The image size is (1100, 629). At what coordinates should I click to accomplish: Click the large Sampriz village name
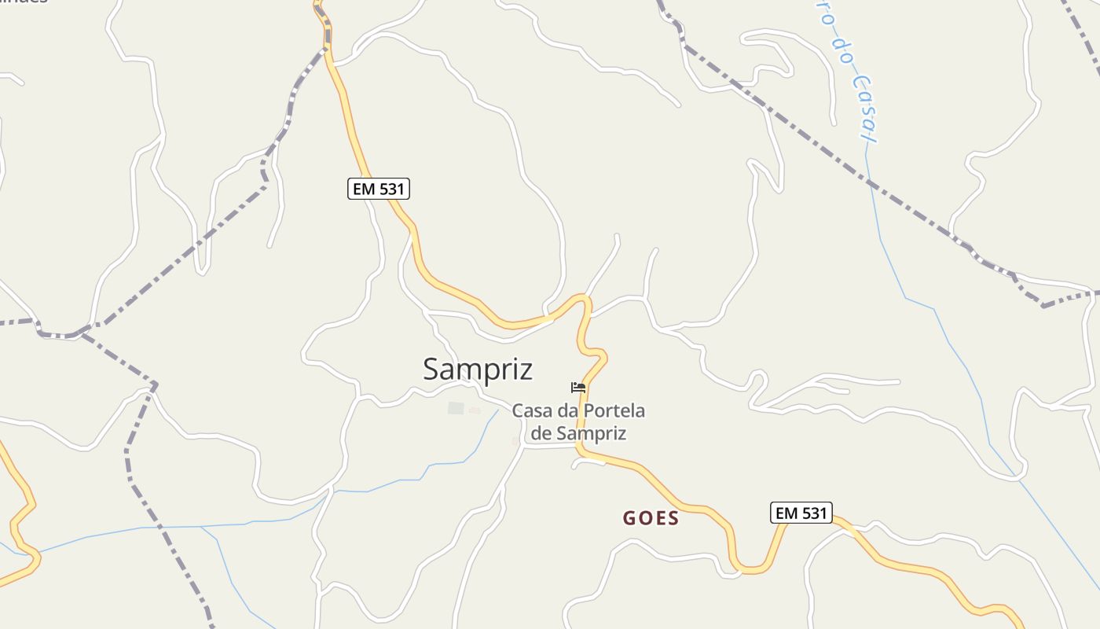coord(478,369)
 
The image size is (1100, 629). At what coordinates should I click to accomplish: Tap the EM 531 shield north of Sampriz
coord(379,189)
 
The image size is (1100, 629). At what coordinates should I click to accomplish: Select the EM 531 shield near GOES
coord(801,513)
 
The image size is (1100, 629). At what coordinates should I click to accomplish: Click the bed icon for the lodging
coord(578,387)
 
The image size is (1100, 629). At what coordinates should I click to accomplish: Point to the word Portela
coord(612,410)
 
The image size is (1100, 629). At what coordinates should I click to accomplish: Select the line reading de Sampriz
coord(578,432)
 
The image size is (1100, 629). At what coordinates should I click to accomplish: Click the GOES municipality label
coord(651,518)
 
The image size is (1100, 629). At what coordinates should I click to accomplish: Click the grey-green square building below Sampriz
coord(456,408)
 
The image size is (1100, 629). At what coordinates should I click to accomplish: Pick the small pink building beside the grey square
coord(475,410)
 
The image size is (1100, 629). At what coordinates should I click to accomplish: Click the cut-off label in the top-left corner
coord(24,2)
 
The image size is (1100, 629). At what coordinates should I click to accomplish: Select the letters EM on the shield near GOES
coord(786,513)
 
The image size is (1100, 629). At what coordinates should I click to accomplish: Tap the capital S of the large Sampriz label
coord(431,369)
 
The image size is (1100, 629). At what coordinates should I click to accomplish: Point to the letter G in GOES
coord(629,518)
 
